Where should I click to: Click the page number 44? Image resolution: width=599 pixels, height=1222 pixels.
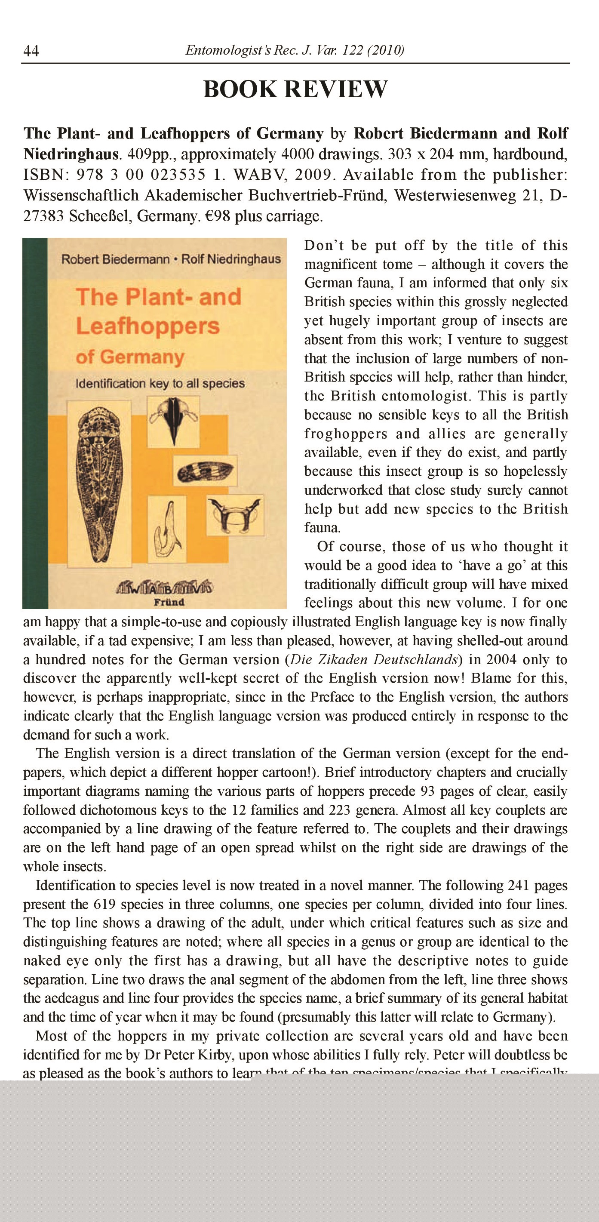[x=31, y=50]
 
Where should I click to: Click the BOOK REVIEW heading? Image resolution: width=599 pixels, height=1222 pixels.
[x=295, y=89]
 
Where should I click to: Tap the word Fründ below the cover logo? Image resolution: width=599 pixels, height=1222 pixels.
[x=169, y=602]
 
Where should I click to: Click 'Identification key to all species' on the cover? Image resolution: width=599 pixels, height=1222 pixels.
[x=160, y=383]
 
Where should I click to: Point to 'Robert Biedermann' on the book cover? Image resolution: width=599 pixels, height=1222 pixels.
[x=115, y=259]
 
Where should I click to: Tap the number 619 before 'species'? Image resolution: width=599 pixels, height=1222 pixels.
[x=104, y=904]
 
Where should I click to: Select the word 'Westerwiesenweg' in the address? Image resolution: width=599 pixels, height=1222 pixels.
[x=455, y=195]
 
